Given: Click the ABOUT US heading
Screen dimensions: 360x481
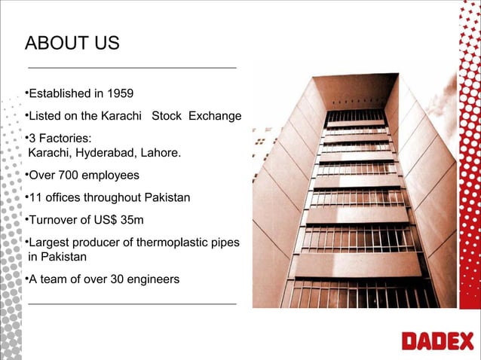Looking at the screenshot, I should [72, 43].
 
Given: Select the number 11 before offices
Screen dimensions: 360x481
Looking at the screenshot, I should [34, 198].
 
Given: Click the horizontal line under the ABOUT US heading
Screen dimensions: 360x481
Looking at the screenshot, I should [132, 68].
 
